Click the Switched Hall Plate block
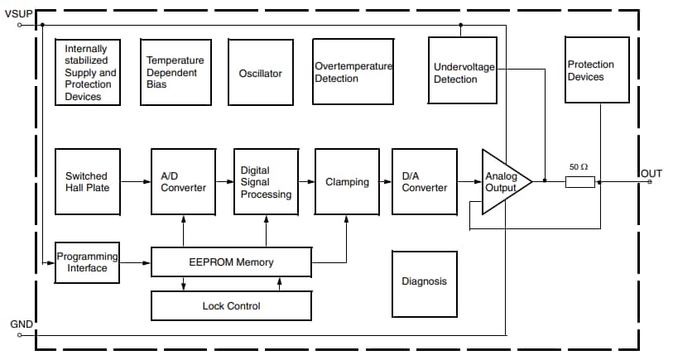[x=87, y=181]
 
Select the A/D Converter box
[x=183, y=181]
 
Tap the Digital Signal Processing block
[x=266, y=181]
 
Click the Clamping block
[x=347, y=181]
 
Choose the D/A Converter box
[x=425, y=181]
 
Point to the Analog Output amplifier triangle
[x=502, y=182]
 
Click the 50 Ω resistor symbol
[x=579, y=181]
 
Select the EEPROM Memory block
[x=231, y=262]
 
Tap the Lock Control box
[x=231, y=306]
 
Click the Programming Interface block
[x=87, y=262]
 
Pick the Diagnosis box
[x=424, y=281]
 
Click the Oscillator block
[x=260, y=73]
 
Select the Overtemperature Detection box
[x=353, y=72]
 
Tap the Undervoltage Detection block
[x=462, y=72]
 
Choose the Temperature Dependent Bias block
[x=175, y=72]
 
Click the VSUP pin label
[x=19, y=13]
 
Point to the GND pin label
[x=21, y=324]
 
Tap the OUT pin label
[x=651, y=173]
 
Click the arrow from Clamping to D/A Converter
[x=385, y=181]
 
